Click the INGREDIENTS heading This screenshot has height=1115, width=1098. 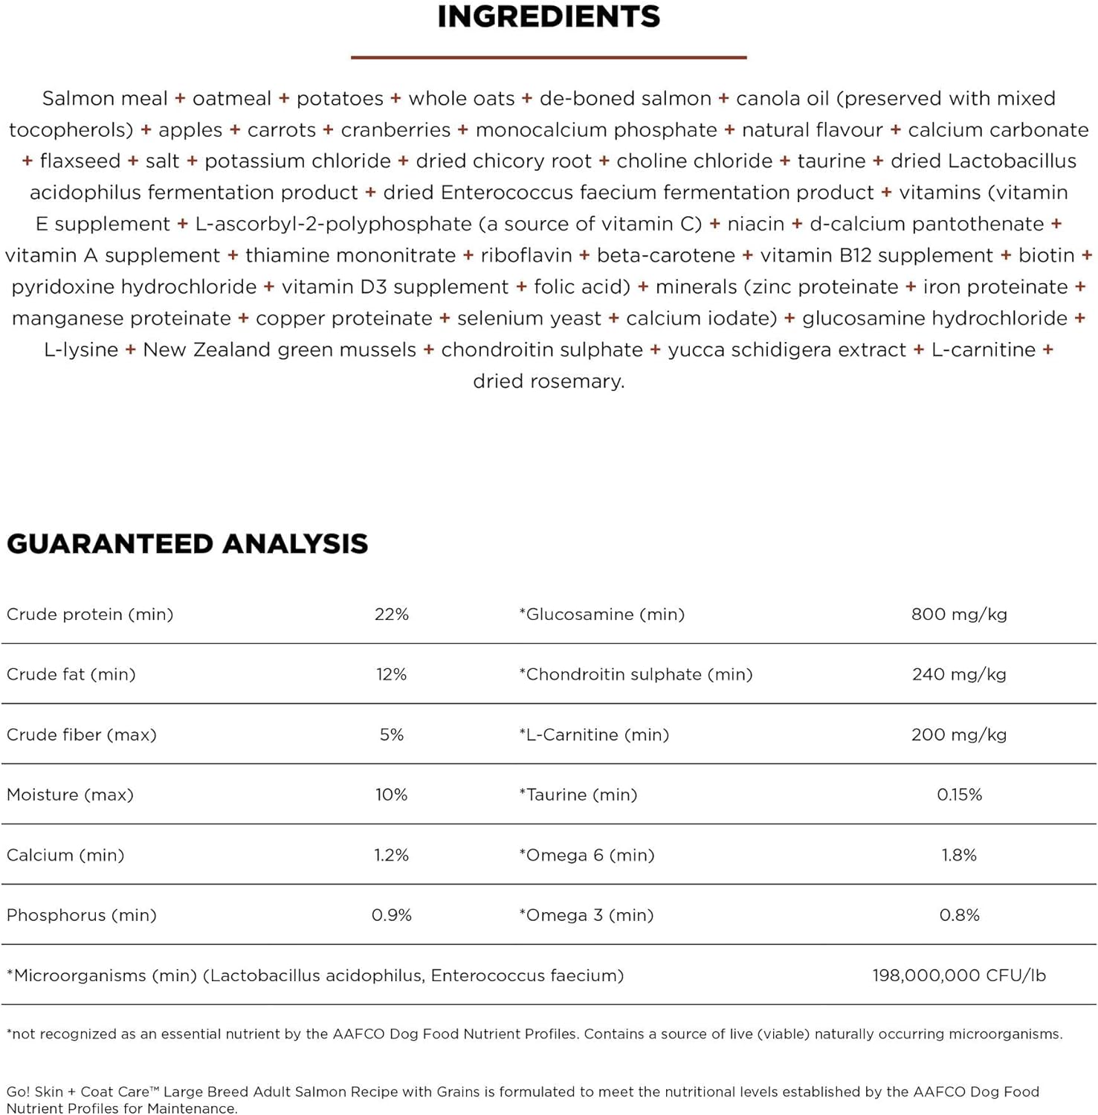(549, 17)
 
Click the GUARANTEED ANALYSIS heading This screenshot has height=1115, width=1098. (187, 544)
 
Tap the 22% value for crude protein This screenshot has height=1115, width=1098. (392, 615)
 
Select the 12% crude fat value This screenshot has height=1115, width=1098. (392, 675)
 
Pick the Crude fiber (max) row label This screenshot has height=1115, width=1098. (82, 735)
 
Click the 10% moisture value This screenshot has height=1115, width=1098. (392, 795)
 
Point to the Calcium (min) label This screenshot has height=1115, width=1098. (65, 856)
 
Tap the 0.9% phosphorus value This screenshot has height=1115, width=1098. (392, 916)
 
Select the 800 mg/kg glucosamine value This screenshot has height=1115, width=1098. (959, 615)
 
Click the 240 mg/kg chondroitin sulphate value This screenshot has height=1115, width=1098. (959, 675)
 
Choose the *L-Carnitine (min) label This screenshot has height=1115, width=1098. (594, 735)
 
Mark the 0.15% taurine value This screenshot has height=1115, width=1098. (959, 795)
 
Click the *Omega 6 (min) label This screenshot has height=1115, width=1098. (587, 856)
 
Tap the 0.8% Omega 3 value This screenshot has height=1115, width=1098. (959, 916)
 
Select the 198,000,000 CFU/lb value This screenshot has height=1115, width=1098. (959, 976)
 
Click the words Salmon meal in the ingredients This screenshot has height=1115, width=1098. (105, 99)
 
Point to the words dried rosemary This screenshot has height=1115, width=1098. (549, 381)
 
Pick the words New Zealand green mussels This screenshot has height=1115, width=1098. (280, 350)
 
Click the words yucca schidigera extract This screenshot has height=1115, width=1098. (787, 350)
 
